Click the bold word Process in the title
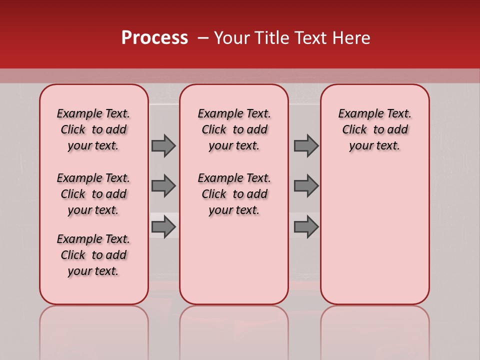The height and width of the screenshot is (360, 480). point(154,38)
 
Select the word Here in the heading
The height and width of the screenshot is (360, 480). point(351,38)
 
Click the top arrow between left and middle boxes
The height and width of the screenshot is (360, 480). point(163,145)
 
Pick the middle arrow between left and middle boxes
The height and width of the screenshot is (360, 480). point(163,186)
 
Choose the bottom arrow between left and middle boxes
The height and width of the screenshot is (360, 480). point(163,227)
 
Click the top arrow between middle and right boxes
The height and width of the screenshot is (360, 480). point(306,145)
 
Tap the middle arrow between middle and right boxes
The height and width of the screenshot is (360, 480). point(306,186)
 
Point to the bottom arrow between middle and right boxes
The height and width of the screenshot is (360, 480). point(306,227)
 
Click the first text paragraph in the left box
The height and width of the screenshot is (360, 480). point(93,129)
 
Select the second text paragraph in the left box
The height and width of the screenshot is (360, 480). point(93,194)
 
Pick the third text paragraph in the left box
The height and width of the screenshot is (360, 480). point(93,255)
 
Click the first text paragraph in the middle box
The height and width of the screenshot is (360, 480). point(234,129)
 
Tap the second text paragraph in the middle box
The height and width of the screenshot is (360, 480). point(234,194)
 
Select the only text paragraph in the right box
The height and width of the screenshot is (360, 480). point(375,129)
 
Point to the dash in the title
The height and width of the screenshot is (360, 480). point(203,38)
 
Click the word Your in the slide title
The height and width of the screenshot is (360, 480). point(231,38)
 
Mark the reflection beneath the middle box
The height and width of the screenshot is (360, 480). point(234,330)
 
